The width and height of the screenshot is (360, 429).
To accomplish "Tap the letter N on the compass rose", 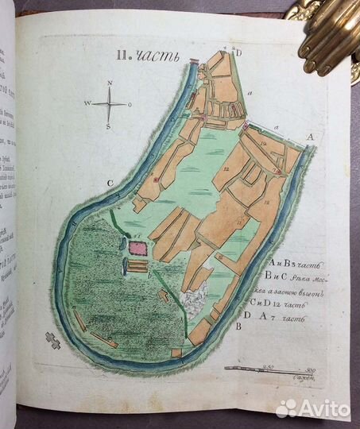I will pyautogui.click(x=110, y=82).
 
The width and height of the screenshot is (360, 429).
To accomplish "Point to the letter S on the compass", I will pyautogui.click(x=110, y=127).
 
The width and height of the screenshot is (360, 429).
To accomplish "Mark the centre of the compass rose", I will pyautogui.click(x=110, y=104).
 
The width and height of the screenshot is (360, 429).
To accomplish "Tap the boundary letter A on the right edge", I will pyautogui.click(x=310, y=136).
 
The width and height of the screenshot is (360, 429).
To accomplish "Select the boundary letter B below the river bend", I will pyautogui.click(x=239, y=325).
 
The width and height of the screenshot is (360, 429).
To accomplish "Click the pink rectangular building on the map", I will pyautogui.click(x=137, y=249).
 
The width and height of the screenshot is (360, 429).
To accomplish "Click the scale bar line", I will pyautogui.click(x=266, y=369).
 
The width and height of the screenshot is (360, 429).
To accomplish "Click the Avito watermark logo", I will pyautogui.click(x=312, y=408).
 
